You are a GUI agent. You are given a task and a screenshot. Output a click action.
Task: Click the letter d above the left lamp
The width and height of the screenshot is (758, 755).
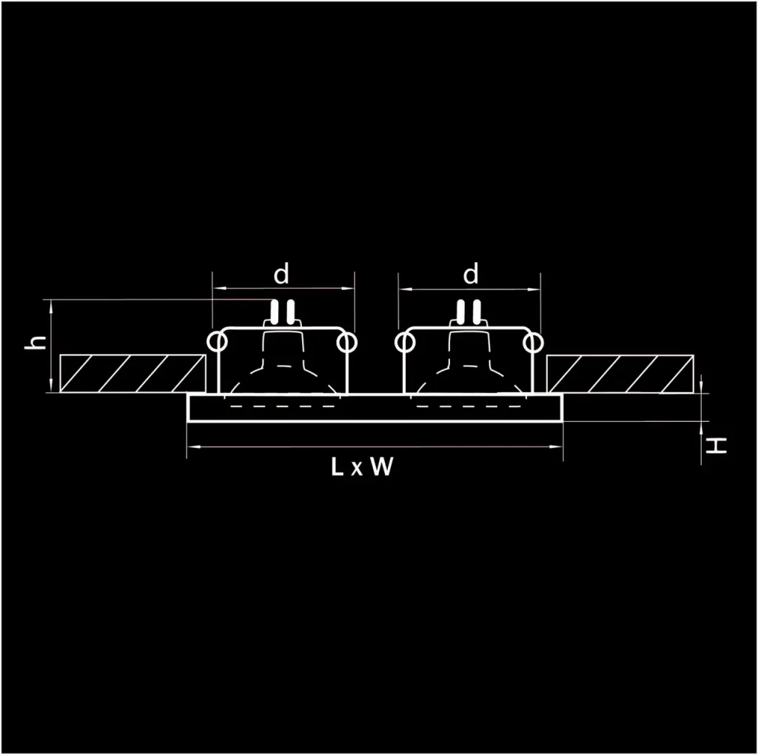281,275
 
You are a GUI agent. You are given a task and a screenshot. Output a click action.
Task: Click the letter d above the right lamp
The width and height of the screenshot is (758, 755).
471,275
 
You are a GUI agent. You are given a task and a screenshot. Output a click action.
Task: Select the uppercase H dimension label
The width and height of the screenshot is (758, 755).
716,446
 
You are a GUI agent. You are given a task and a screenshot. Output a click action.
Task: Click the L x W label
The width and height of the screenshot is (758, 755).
361,467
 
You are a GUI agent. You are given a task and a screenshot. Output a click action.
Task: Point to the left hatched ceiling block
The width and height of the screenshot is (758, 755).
133,374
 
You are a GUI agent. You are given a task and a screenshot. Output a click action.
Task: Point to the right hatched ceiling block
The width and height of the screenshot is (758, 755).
620,374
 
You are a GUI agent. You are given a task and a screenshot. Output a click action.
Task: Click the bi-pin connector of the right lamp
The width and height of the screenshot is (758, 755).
469,312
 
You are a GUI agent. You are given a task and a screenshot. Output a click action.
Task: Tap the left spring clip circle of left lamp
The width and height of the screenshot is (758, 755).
216,343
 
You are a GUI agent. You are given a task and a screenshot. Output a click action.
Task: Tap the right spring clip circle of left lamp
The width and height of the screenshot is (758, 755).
346,343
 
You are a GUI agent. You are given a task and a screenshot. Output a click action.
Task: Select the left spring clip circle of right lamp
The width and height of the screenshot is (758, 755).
404,343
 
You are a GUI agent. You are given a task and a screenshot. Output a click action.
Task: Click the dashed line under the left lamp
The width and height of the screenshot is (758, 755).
281,406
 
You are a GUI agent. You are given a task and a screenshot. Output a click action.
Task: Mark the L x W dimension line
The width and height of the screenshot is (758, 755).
375,446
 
